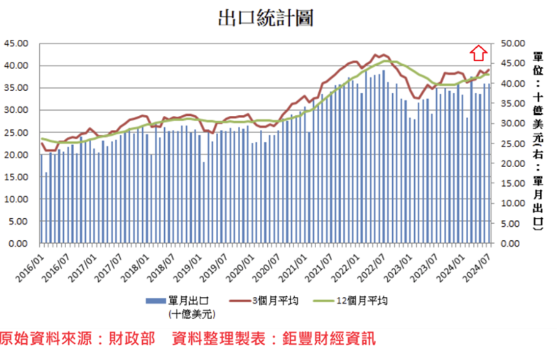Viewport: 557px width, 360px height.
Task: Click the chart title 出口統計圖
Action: [x=265, y=18]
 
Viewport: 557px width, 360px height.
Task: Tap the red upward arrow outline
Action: [x=478, y=53]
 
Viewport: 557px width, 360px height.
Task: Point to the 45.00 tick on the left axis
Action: [x=16, y=43]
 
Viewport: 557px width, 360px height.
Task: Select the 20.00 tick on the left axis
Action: [x=16, y=154]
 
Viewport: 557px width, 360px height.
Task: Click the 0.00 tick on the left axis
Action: [x=18, y=244]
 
